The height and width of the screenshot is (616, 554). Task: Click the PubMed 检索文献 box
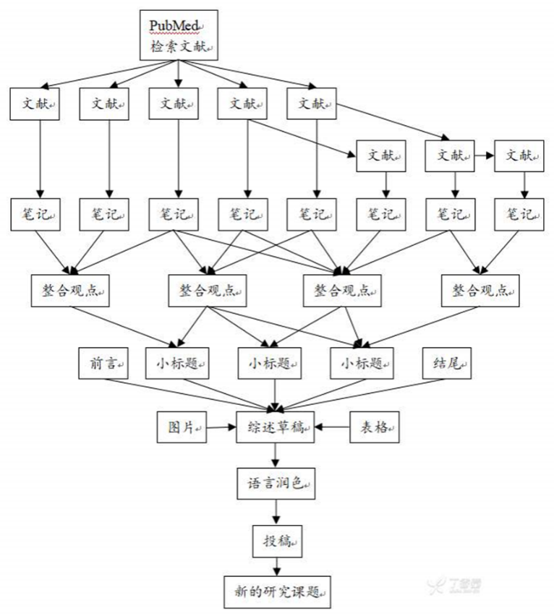(x=178, y=37)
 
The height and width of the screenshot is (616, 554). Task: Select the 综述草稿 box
(x=276, y=427)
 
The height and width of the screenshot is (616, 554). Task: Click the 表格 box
(x=375, y=427)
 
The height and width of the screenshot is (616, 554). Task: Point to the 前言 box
(x=103, y=364)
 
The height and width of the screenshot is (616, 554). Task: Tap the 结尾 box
(x=448, y=364)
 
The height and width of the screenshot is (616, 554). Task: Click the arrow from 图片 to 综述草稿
(x=221, y=427)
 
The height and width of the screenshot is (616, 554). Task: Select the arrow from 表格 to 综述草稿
(x=333, y=427)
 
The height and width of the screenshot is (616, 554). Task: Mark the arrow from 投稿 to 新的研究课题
(x=276, y=563)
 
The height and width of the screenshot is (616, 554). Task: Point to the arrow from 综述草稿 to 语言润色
(x=276, y=455)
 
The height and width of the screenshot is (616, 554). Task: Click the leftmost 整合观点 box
(x=69, y=291)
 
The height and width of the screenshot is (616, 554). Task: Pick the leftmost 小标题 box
(x=177, y=364)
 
